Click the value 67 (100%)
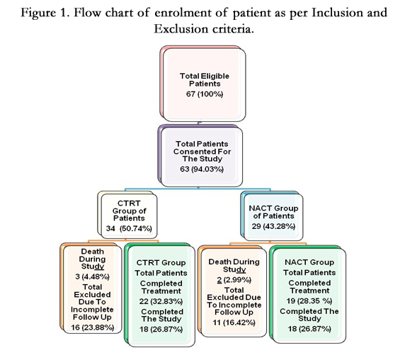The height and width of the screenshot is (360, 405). pos(205,94)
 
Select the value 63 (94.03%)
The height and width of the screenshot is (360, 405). pos(202,169)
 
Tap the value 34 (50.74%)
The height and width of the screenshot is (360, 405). pos(129,228)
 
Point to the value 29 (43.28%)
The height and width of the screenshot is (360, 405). pos(273,226)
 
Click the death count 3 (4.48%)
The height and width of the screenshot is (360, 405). pos(92,276)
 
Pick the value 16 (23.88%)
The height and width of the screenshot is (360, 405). pos(93,327)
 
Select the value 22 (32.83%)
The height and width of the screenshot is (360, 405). pos(161,301)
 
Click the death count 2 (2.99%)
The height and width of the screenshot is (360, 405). pos(234,280)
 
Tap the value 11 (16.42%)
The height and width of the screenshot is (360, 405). pos(234,322)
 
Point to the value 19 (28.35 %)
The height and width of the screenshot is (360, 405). pos(309,300)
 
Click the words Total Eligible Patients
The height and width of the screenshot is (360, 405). pos(205,80)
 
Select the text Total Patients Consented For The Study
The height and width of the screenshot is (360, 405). pos(202,152)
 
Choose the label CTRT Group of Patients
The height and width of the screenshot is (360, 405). pos(129,211)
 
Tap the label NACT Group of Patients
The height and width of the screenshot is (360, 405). pos(273,212)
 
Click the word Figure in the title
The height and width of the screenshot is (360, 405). pos(38,13)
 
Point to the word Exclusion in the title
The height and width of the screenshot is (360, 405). pos(181,28)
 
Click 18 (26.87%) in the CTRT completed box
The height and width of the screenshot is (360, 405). pos(161,330)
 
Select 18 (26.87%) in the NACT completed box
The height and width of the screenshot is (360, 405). pos(309,329)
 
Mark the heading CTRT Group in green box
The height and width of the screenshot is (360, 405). pos(161,263)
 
